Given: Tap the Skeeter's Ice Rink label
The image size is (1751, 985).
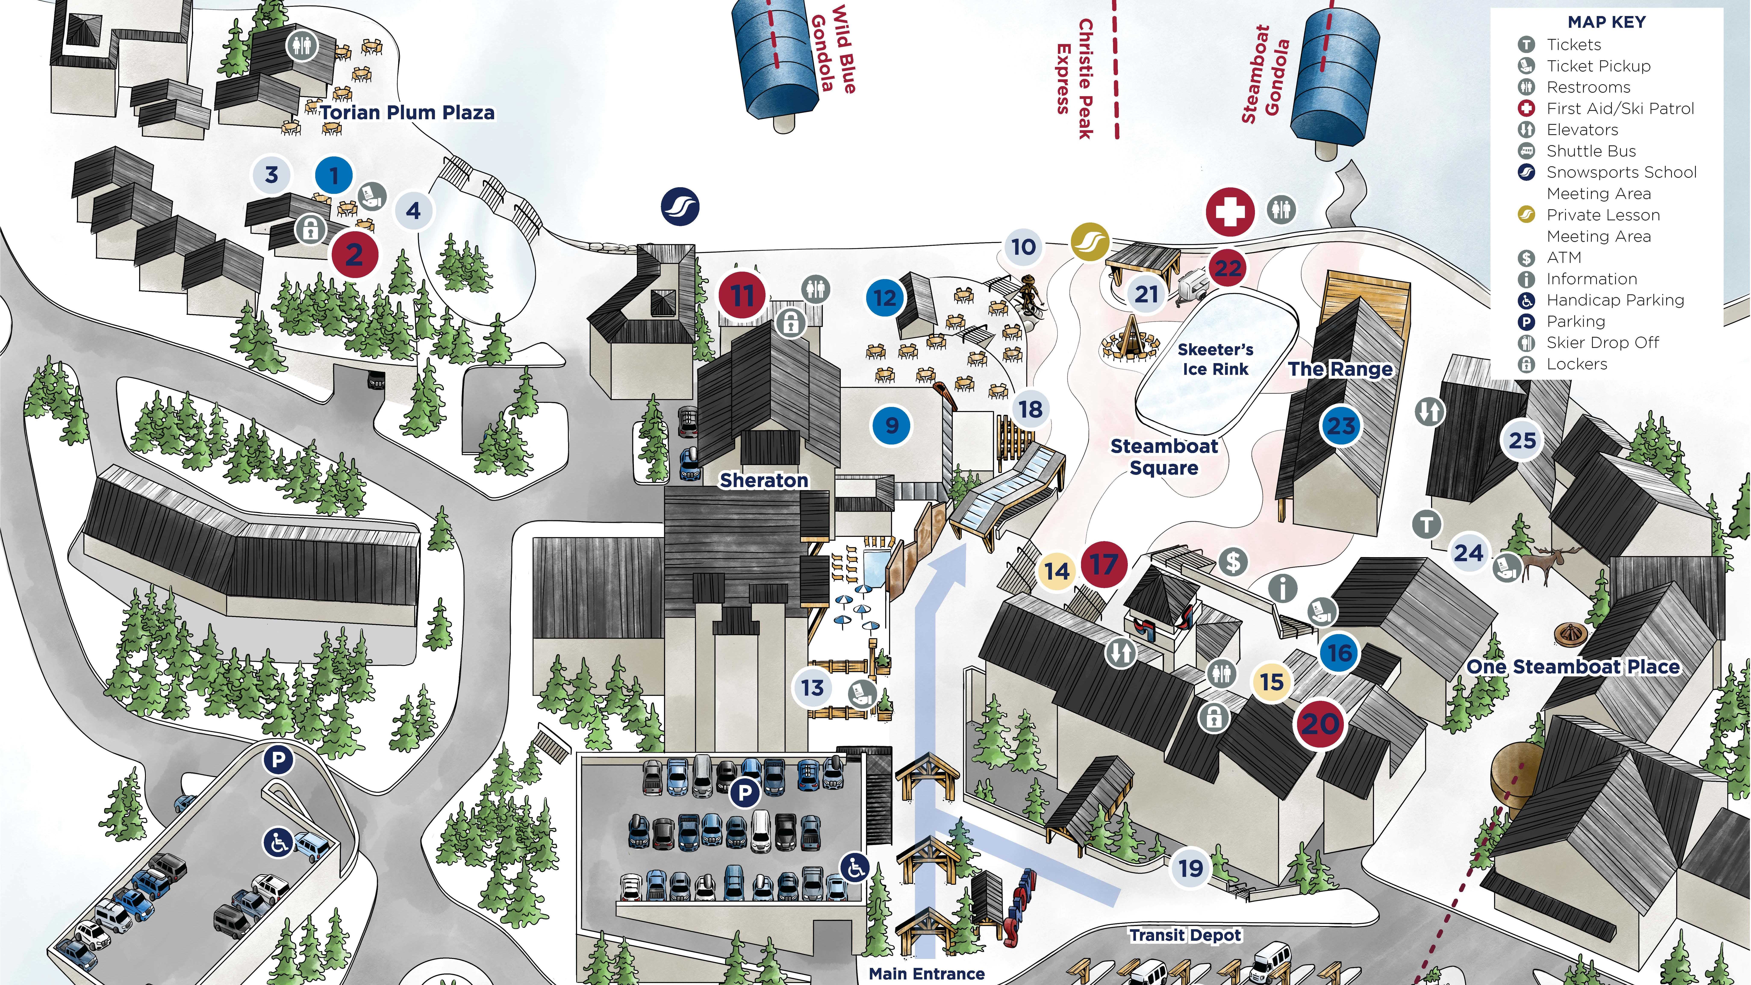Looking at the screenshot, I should click(x=1215, y=359).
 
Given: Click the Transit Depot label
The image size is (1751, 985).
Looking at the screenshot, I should click(x=1185, y=935).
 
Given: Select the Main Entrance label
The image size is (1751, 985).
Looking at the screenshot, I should click(x=926, y=973).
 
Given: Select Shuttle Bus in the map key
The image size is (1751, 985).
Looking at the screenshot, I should click(x=1590, y=151).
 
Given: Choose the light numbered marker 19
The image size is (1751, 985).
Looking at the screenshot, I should click(x=1190, y=868).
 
